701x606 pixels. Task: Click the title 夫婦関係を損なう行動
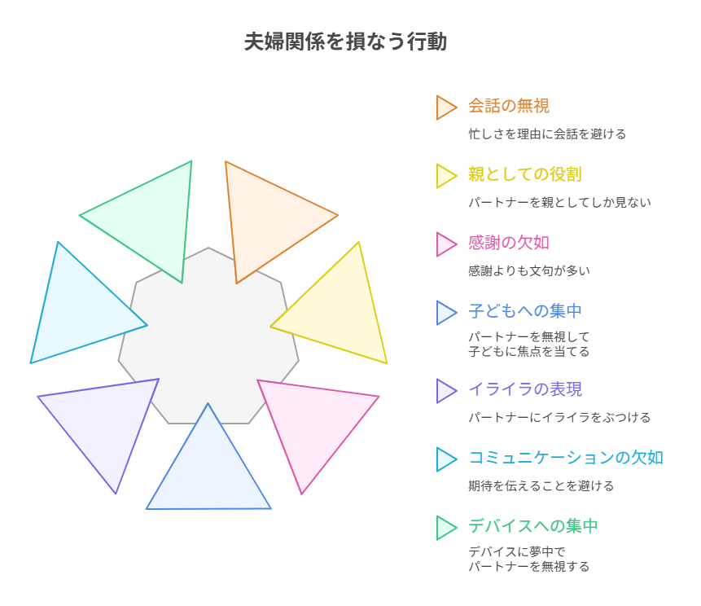345,42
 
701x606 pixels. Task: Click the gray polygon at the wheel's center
208,334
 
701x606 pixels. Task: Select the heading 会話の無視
508,107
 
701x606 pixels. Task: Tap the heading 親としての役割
524,175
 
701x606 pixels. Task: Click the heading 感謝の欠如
508,244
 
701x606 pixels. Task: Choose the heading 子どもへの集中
524,312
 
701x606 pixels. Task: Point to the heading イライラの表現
524,390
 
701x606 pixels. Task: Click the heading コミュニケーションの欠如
565,459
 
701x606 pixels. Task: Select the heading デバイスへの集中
532,527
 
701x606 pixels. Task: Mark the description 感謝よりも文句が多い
528,271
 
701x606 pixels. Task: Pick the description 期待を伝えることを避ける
541,486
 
